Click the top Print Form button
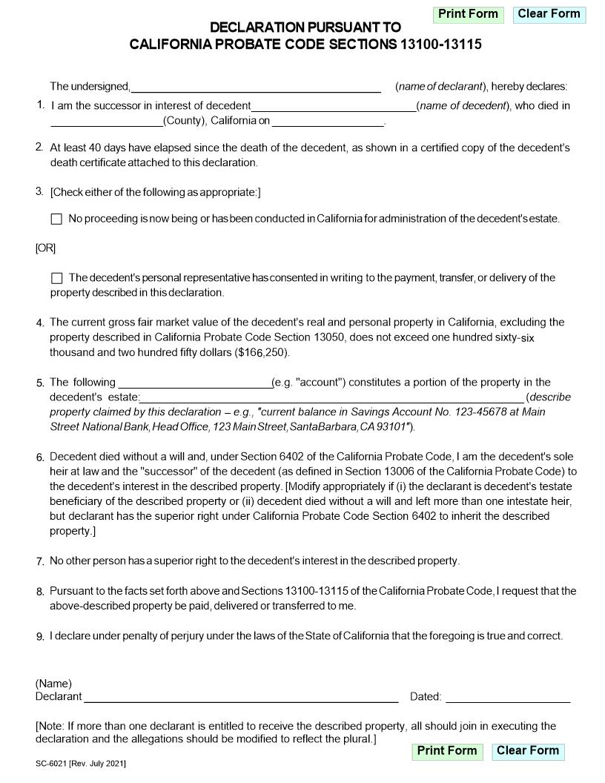point(468,14)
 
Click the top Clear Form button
point(549,14)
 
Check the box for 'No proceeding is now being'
point(57,219)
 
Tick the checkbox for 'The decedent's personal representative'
point(57,278)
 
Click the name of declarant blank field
point(256,86)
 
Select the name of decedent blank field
point(334,106)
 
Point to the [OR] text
point(45,248)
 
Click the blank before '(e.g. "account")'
point(194,383)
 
